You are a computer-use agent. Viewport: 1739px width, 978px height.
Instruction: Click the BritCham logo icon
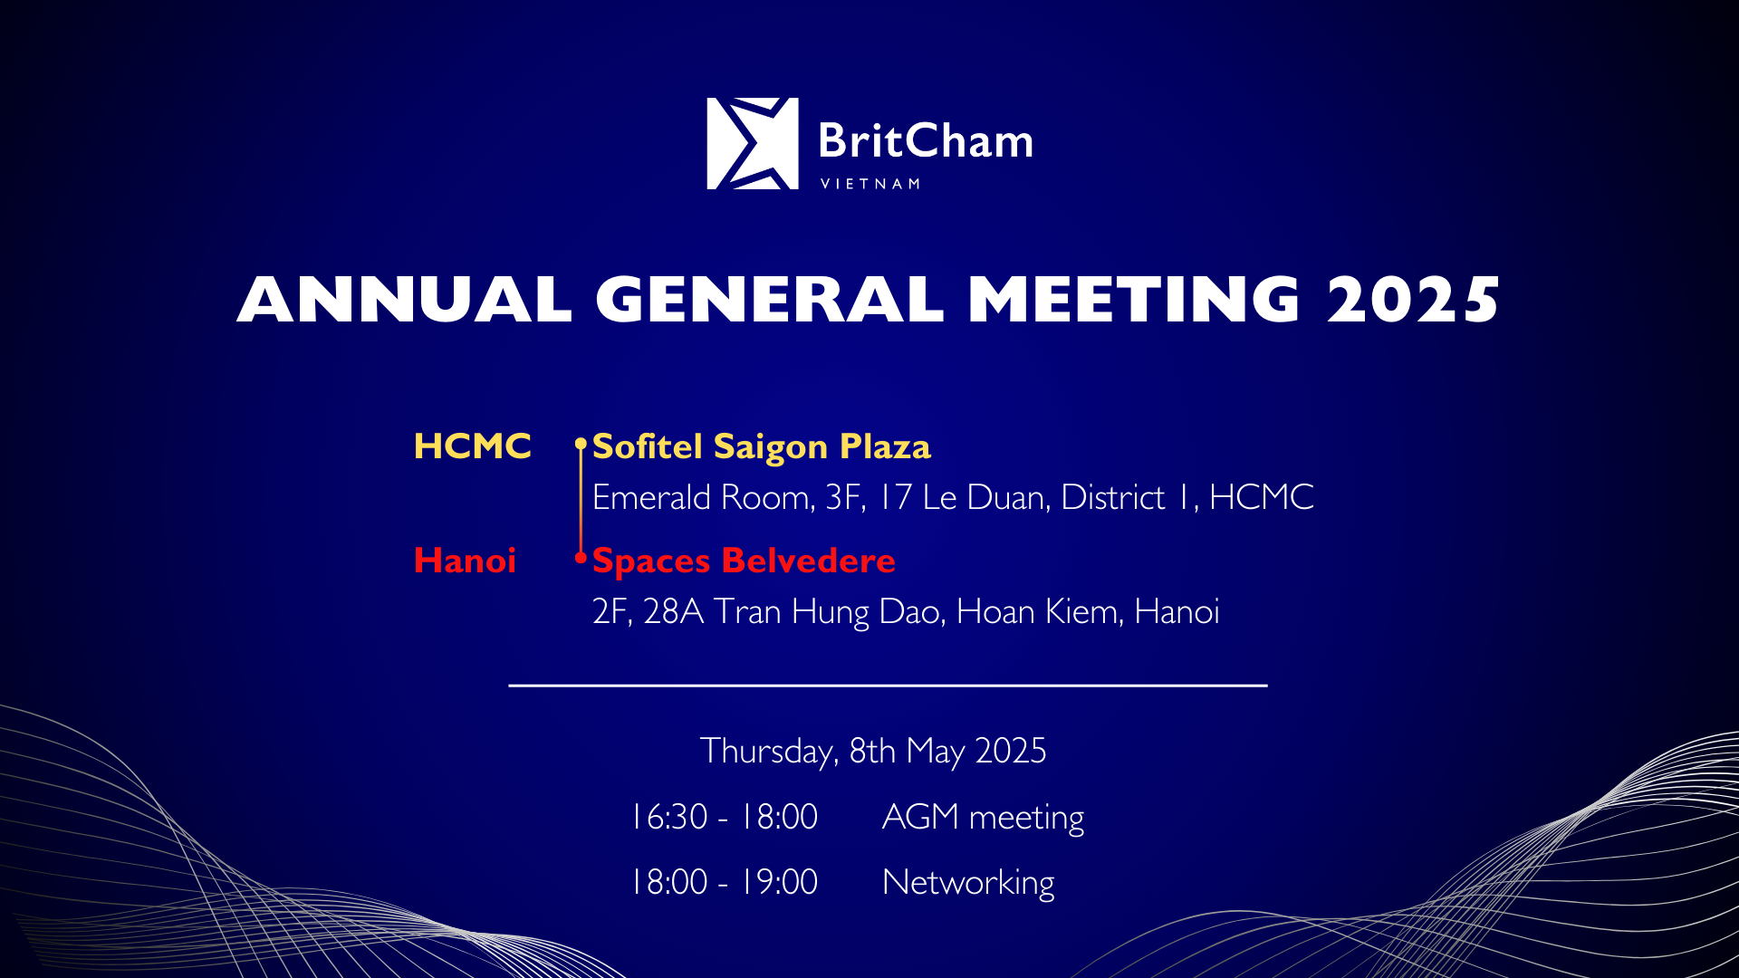pyautogui.click(x=753, y=143)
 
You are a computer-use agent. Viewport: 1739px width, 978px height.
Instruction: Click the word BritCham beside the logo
pyautogui.click(x=926, y=141)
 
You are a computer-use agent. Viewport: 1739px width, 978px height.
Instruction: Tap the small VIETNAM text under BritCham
pyautogui.click(x=870, y=184)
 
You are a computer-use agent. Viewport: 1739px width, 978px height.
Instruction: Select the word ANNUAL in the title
pyautogui.click(x=404, y=299)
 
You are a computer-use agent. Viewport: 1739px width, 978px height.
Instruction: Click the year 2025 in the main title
pyautogui.click(x=1414, y=299)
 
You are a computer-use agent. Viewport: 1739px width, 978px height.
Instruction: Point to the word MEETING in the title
pyautogui.click(x=1135, y=299)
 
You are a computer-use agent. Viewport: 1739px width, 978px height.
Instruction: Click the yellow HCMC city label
pyautogui.click(x=472, y=446)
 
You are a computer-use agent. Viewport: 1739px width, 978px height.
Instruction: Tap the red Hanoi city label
pyautogui.click(x=465, y=560)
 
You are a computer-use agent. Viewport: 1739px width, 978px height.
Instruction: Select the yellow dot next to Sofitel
pyautogui.click(x=581, y=444)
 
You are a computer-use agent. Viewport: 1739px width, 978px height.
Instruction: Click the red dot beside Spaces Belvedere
pyautogui.click(x=581, y=558)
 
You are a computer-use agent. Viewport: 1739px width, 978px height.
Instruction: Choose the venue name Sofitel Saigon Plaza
pyautogui.click(x=762, y=447)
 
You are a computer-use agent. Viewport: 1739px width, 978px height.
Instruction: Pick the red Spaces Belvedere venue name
pyautogui.click(x=744, y=561)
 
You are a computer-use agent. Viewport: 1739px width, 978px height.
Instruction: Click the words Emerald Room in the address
pyautogui.click(x=702, y=497)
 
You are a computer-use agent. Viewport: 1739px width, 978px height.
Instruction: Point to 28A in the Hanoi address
pyautogui.click(x=674, y=611)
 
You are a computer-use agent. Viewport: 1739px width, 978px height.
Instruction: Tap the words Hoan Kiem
pyautogui.click(x=1040, y=611)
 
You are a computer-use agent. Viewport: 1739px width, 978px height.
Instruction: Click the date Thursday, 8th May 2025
pyautogui.click(x=873, y=752)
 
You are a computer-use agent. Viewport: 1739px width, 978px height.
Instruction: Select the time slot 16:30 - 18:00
pyautogui.click(x=725, y=817)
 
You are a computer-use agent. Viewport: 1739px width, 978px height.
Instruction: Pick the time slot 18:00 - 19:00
pyautogui.click(x=725, y=882)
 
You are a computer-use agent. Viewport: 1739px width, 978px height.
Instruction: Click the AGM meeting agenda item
pyautogui.click(x=983, y=818)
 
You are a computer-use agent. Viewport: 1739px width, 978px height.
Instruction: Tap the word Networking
pyautogui.click(x=968, y=883)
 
